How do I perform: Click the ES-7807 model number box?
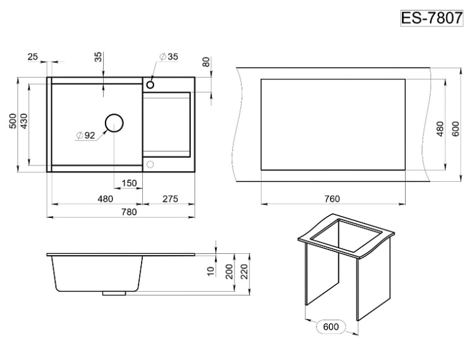click(432, 18)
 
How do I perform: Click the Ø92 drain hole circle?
click(114, 123)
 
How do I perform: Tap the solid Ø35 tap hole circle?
click(150, 85)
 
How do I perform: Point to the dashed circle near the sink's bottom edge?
click(150, 165)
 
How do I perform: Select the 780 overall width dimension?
click(129, 212)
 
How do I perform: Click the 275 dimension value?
click(170, 199)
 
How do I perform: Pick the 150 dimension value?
click(129, 183)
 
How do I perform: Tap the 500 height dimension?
click(13, 121)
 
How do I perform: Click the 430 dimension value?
click(24, 121)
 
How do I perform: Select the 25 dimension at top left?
click(33, 56)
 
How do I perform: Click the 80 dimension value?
click(206, 62)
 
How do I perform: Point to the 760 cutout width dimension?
click(332, 199)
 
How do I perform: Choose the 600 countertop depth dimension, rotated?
click(456, 129)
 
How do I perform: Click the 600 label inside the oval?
click(331, 327)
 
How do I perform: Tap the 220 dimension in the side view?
click(244, 272)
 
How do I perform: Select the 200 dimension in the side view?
click(230, 272)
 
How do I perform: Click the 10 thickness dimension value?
click(211, 271)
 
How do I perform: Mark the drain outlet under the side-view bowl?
click(114, 293)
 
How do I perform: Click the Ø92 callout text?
click(86, 136)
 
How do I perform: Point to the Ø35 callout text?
click(169, 56)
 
